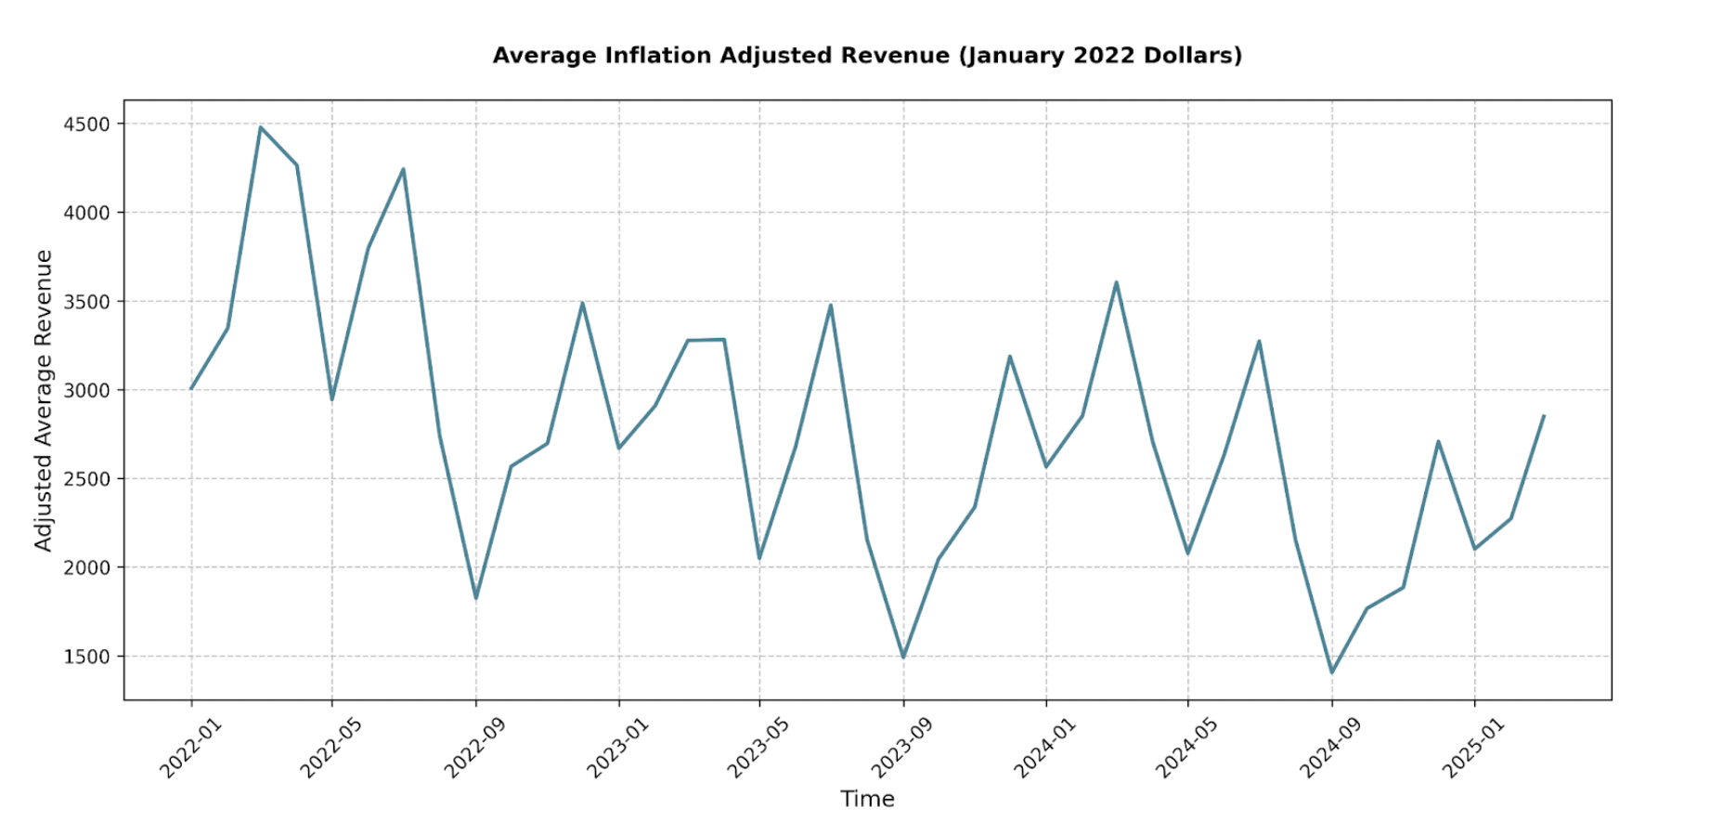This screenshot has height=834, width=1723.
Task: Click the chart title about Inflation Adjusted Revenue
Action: click(x=867, y=56)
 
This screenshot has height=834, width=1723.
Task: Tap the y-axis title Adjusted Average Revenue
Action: click(x=43, y=400)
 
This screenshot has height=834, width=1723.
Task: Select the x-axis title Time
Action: click(x=867, y=799)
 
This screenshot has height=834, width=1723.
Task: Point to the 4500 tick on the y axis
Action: click(x=86, y=124)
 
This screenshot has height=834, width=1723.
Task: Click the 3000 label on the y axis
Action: click(x=86, y=390)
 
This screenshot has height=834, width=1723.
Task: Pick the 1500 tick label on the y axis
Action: click(x=86, y=657)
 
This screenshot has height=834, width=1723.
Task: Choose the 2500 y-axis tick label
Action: click(x=86, y=479)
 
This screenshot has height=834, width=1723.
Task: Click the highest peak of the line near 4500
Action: click(x=261, y=127)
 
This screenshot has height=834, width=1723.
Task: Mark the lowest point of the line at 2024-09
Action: click(x=1332, y=672)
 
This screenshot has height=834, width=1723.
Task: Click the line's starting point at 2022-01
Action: click(x=191, y=388)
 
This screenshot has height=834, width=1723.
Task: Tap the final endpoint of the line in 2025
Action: click(x=1544, y=416)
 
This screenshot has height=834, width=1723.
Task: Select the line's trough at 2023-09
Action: click(x=903, y=658)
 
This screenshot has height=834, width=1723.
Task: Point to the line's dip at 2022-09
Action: click(x=476, y=598)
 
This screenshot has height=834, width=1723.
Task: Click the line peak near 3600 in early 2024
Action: click(x=1116, y=282)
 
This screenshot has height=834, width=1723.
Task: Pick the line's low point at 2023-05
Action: click(x=759, y=558)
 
